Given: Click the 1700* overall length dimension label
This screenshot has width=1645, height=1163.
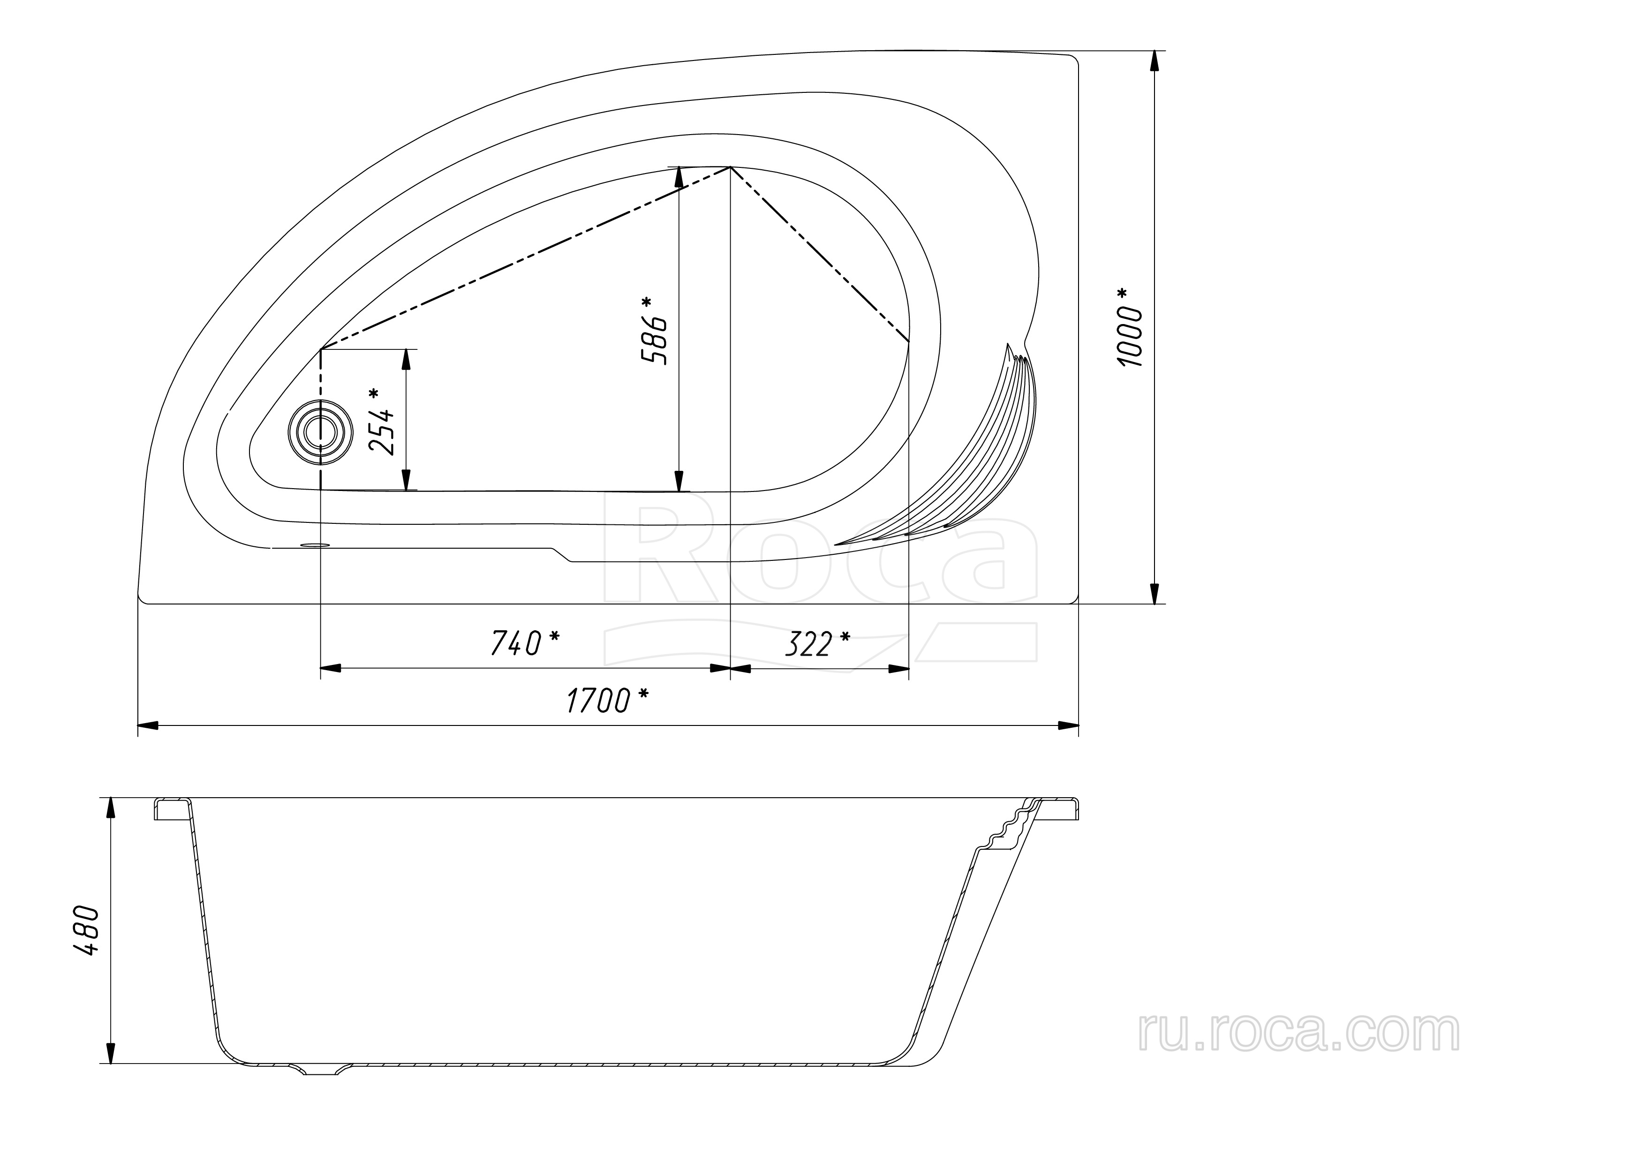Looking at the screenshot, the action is (x=608, y=700).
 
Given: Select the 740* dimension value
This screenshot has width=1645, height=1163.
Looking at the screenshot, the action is (x=524, y=643).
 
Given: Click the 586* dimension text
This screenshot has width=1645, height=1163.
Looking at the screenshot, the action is (x=655, y=330).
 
